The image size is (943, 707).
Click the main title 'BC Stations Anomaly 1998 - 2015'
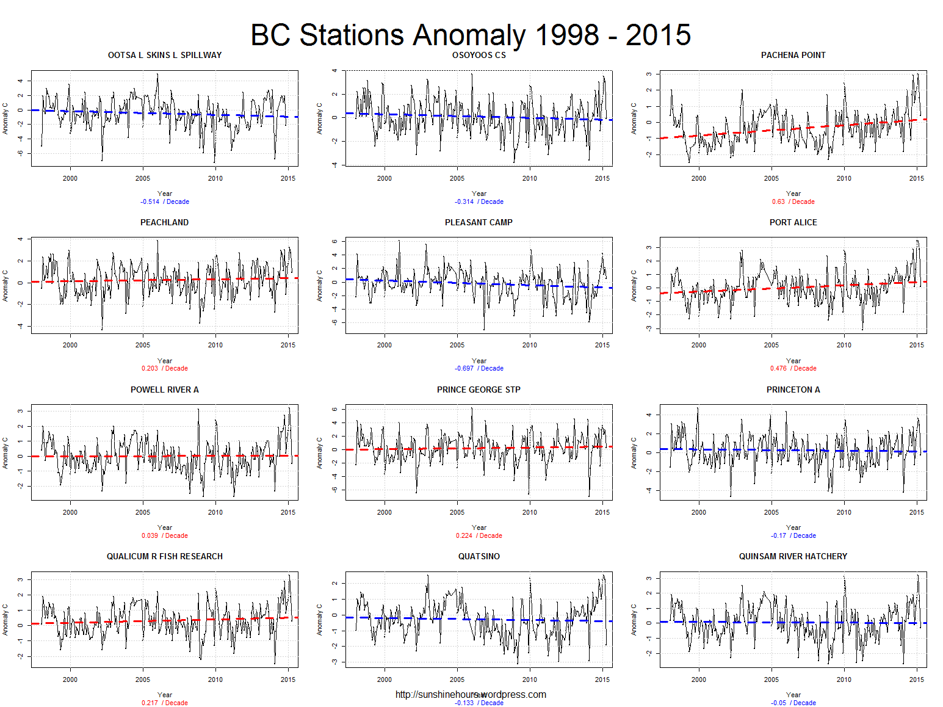click(x=471, y=35)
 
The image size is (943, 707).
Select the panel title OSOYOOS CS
click(x=479, y=56)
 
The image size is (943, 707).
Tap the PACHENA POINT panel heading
click(x=793, y=56)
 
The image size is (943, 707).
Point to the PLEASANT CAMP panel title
click(x=479, y=222)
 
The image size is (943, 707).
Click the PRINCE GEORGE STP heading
click(x=479, y=390)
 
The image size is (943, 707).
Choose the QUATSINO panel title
click(x=479, y=556)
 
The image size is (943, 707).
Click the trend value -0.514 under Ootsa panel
click(x=150, y=201)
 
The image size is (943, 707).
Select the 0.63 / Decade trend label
click(x=793, y=201)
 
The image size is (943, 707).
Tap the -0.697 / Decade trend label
click(x=479, y=368)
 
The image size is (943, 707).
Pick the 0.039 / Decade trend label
click(x=165, y=535)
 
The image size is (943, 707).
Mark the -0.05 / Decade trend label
click(x=793, y=703)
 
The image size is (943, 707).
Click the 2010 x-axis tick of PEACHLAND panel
click(x=215, y=345)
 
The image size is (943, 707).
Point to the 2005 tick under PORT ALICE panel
click(x=771, y=345)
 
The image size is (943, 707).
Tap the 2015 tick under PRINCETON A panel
click(x=916, y=512)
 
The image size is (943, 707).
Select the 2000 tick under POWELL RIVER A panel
click(x=70, y=512)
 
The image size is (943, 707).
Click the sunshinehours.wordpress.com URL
click(x=471, y=694)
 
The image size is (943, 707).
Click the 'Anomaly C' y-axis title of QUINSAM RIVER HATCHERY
click(x=634, y=620)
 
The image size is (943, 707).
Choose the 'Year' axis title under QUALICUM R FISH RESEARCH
click(x=165, y=695)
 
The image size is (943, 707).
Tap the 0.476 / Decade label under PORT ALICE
click(x=793, y=368)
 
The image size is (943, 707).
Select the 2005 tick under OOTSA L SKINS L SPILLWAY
click(x=143, y=178)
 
